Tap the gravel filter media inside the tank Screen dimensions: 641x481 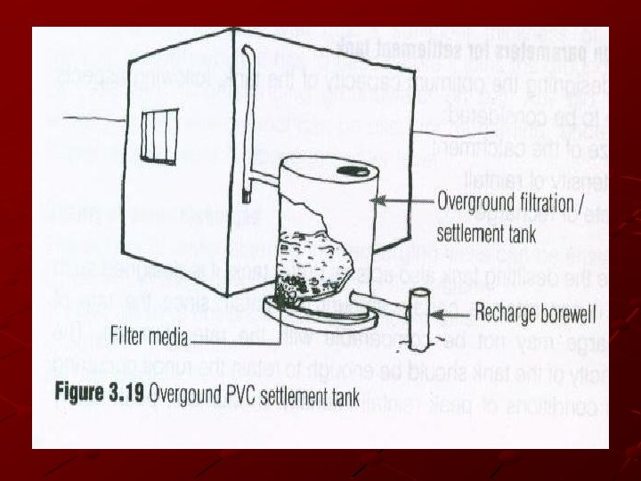tap(311, 258)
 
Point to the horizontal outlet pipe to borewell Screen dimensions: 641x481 tap(373, 302)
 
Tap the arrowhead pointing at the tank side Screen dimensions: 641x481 tap(375, 201)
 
